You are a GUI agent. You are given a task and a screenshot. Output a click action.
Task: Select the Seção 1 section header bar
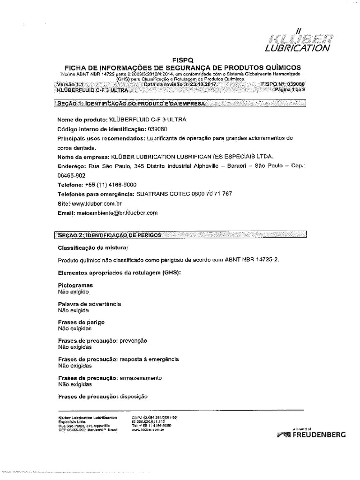180,103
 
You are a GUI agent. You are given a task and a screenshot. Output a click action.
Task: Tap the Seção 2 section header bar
180,234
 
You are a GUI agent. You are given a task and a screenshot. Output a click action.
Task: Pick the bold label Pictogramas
75,285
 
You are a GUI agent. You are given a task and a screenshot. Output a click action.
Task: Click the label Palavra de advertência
89,304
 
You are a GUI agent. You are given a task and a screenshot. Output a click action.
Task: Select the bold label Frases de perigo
81,322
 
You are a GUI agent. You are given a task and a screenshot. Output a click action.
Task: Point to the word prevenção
134,341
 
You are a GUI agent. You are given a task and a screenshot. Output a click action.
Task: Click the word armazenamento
141,378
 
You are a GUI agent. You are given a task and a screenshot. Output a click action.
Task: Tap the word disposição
134,397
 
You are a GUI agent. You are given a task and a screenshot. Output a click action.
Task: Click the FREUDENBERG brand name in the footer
319,435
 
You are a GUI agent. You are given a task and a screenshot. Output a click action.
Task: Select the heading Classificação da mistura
92,247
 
